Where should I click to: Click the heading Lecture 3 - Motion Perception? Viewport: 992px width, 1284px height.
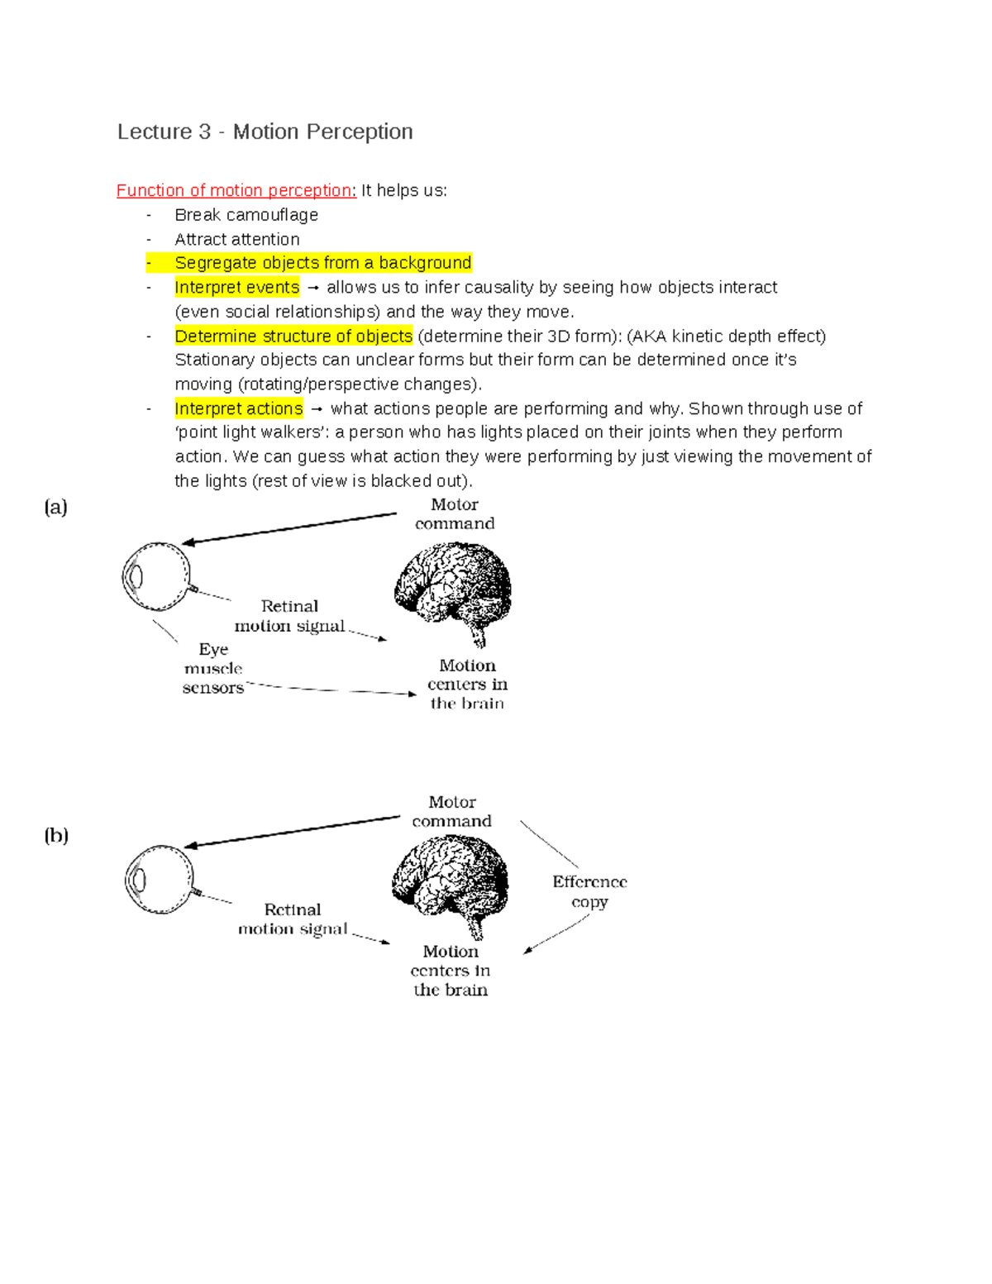[265, 131]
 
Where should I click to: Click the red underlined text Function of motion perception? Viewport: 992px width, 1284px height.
[236, 190]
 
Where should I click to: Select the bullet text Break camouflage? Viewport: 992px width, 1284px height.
[246, 215]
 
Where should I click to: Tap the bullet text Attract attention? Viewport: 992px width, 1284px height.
[237, 239]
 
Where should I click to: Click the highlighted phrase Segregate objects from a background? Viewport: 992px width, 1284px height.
[322, 263]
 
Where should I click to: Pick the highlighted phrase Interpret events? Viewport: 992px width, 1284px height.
[237, 287]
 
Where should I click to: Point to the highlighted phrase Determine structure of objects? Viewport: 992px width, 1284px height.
[293, 336]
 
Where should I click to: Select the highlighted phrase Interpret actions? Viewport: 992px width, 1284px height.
[239, 408]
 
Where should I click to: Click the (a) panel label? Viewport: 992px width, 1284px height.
[56, 507]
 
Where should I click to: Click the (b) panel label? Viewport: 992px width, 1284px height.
[56, 835]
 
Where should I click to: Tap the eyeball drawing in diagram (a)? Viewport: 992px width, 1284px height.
[156, 576]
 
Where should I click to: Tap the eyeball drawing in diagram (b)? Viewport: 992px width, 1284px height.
[160, 879]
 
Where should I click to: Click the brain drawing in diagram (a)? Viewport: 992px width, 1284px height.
[452, 586]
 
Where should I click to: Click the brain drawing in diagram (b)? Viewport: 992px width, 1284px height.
[451, 881]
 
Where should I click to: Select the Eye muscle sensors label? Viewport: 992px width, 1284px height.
[213, 668]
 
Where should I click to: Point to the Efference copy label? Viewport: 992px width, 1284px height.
[589, 891]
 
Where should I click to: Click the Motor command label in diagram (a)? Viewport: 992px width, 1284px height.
[455, 513]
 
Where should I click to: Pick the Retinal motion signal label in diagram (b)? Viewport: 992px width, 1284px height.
[293, 919]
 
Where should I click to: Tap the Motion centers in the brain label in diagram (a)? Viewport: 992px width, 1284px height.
[467, 685]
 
